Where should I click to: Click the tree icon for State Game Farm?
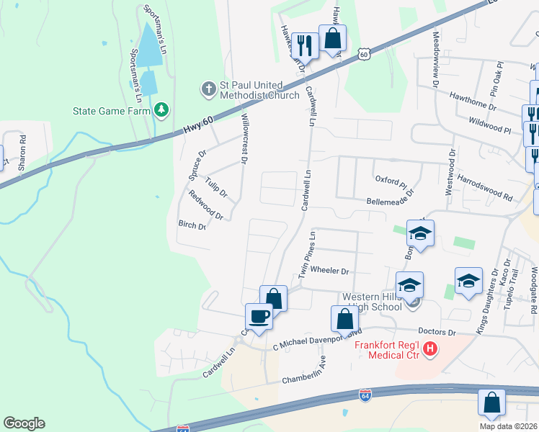pyautogui.click(x=162, y=110)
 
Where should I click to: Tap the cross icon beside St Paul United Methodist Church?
pyautogui.click(x=208, y=89)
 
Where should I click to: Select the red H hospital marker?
pyautogui.click(x=430, y=350)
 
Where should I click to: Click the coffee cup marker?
pyautogui.click(x=259, y=315)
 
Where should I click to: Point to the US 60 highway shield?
pyautogui.click(x=365, y=54)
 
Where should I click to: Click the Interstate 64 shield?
pyautogui.click(x=365, y=395)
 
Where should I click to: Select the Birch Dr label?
pyautogui.click(x=192, y=225)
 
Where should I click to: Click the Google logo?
pyautogui.click(x=24, y=423)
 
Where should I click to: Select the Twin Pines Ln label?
pyautogui.click(x=308, y=256)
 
